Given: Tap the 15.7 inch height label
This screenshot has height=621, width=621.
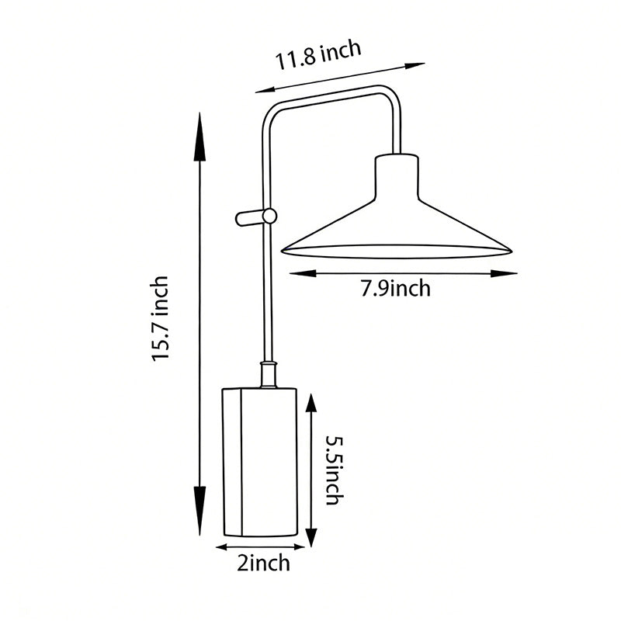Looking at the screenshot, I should (x=161, y=318).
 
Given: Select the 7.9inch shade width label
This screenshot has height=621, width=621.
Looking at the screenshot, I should (x=395, y=290).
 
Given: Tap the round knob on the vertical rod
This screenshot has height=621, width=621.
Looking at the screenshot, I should (x=269, y=217).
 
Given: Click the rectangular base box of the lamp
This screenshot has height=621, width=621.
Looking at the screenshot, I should (x=260, y=462).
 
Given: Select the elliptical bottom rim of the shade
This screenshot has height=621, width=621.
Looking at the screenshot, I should (x=397, y=252).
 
